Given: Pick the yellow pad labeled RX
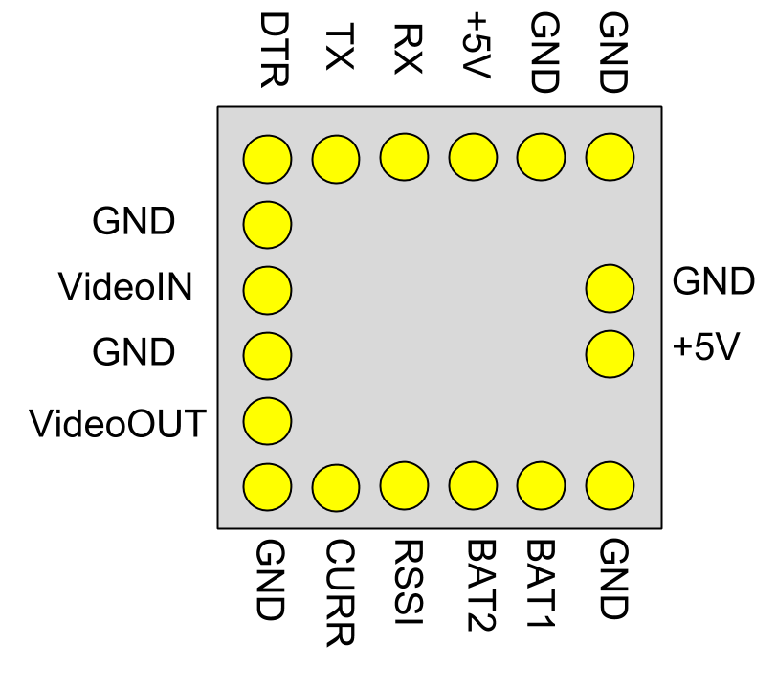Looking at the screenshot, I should click(404, 156).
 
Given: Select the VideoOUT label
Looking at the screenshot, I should click(118, 422).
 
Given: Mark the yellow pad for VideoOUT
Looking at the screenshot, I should click(267, 419).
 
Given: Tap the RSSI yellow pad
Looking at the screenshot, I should click(404, 486).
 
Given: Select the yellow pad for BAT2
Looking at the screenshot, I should click(473, 486).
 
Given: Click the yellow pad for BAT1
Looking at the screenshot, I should click(541, 486).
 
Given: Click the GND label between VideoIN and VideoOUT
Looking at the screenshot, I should click(134, 353).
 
